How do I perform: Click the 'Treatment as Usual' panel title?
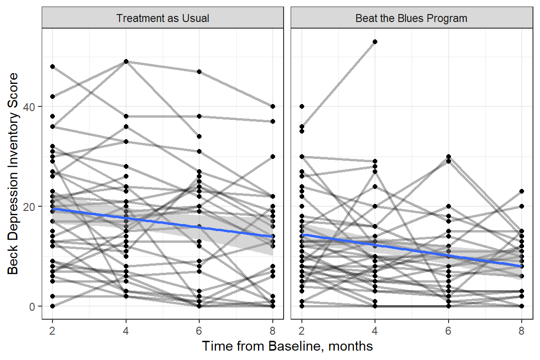[x=163, y=19]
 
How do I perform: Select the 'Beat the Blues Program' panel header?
[x=411, y=19]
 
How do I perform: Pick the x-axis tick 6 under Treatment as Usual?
[x=199, y=329]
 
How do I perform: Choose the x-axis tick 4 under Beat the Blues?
[x=375, y=329]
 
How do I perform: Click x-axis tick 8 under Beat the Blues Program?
[x=522, y=329]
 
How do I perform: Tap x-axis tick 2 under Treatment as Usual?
[x=52, y=329]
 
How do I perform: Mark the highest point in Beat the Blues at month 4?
[x=375, y=42]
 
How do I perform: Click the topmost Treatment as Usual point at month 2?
[x=52, y=67]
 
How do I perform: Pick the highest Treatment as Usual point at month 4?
[x=126, y=61]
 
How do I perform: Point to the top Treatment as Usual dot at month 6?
[x=199, y=72]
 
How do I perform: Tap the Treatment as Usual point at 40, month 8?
[x=273, y=106]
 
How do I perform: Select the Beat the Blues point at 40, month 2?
[x=301, y=106]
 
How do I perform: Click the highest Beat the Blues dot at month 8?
[x=522, y=191]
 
